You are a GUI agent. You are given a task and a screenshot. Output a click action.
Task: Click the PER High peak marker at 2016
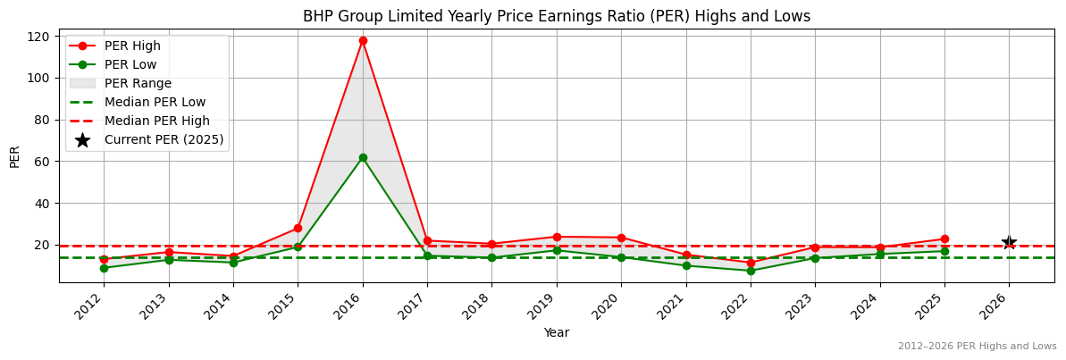pos(363,40)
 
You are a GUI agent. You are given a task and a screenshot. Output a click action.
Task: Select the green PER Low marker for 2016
pos(363,157)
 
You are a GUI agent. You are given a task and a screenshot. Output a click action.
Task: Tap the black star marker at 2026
pos(1009,243)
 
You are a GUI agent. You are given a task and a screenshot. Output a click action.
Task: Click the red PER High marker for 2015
pos(298,228)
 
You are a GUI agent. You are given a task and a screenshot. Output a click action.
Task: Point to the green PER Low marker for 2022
pos(751,271)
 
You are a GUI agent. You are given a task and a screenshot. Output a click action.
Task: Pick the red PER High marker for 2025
pos(944,239)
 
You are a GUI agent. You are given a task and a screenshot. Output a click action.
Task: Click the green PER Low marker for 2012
pos(104,268)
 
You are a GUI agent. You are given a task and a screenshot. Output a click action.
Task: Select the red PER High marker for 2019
pos(557,237)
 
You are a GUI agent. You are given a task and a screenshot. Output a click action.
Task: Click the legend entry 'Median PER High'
pos(156,121)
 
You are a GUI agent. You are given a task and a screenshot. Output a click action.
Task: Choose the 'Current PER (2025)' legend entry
pos(164,139)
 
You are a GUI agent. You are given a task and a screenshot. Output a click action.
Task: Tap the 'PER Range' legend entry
pos(138,83)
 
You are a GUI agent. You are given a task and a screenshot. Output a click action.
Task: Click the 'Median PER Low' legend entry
pos(155,102)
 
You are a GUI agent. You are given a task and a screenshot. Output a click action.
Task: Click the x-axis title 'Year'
pos(556,333)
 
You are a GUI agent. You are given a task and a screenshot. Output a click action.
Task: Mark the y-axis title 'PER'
pos(14,156)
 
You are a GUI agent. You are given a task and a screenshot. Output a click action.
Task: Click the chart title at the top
pos(556,16)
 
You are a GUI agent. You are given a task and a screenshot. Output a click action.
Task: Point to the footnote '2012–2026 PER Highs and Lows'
pos(977,347)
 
